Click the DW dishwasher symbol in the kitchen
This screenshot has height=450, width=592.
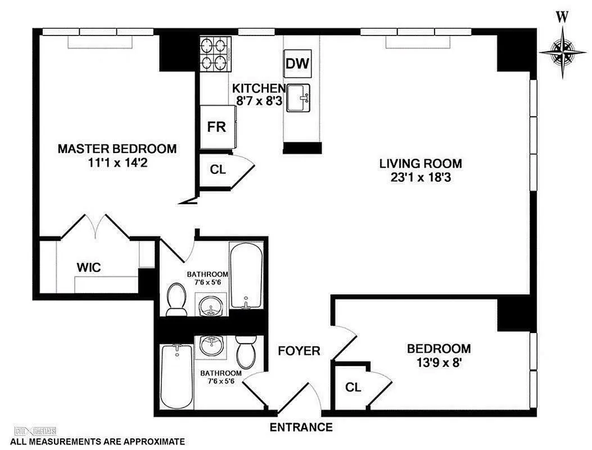tap(297, 64)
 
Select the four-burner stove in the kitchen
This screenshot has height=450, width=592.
tap(215, 54)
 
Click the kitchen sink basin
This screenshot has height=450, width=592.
tap(299, 98)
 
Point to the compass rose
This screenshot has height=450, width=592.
tap(563, 51)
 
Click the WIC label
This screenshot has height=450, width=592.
tap(89, 268)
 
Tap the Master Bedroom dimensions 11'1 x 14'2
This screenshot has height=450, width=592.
tap(118, 163)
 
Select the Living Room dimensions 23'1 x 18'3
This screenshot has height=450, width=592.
tap(421, 177)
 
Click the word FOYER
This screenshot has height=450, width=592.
tap(299, 351)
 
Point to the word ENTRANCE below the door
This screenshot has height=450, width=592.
tap(301, 427)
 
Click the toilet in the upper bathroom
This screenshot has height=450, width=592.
tap(176, 299)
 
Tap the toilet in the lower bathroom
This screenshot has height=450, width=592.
tap(246, 352)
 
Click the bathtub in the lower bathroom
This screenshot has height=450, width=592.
tap(177, 376)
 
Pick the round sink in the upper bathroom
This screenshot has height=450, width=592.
tap(211, 304)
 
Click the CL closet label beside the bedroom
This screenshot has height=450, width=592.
tap(353, 387)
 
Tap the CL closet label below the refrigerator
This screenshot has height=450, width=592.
tap(218, 170)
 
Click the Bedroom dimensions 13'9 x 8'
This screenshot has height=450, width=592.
tap(440, 363)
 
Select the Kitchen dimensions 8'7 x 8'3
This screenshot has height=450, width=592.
tap(259, 101)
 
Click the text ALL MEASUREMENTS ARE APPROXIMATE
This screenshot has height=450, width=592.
tap(97, 442)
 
